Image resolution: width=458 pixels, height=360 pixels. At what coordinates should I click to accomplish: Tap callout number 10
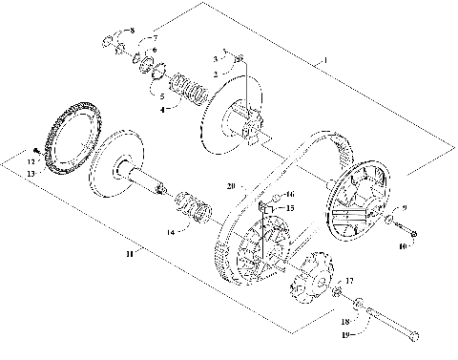pyautogui.click(x=402, y=246)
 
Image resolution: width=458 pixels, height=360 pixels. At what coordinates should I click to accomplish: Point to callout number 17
pyautogui.click(x=350, y=281)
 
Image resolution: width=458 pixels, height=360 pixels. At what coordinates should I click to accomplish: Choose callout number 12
pyautogui.click(x=31, y=163)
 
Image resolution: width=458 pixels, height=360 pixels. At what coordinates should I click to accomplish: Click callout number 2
pyautogui.click(x=217, y=74)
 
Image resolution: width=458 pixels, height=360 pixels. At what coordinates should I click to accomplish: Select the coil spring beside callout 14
pyautogui.click(x=194, y=207)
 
